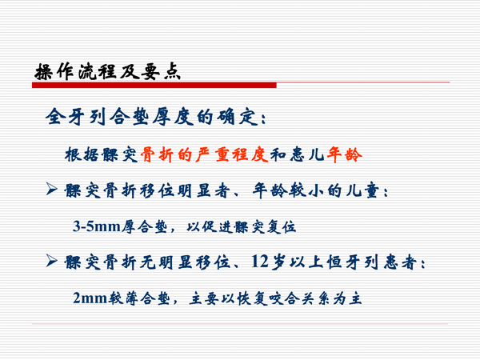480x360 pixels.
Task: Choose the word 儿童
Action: [370, 191]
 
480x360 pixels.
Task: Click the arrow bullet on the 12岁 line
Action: [51, 262]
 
